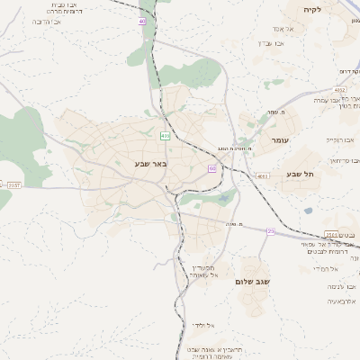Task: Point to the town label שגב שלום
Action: click(252, 282)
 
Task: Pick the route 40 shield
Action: click(142, 21)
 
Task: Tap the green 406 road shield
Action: click(165, 136)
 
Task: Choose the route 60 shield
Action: click(211, 168)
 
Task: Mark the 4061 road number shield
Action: click(262, 176)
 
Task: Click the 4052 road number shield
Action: click(338, 90)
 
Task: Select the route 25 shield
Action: click(270, 231)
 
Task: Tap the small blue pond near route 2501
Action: click(308, 211)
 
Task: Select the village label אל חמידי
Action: click(324, 269)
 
